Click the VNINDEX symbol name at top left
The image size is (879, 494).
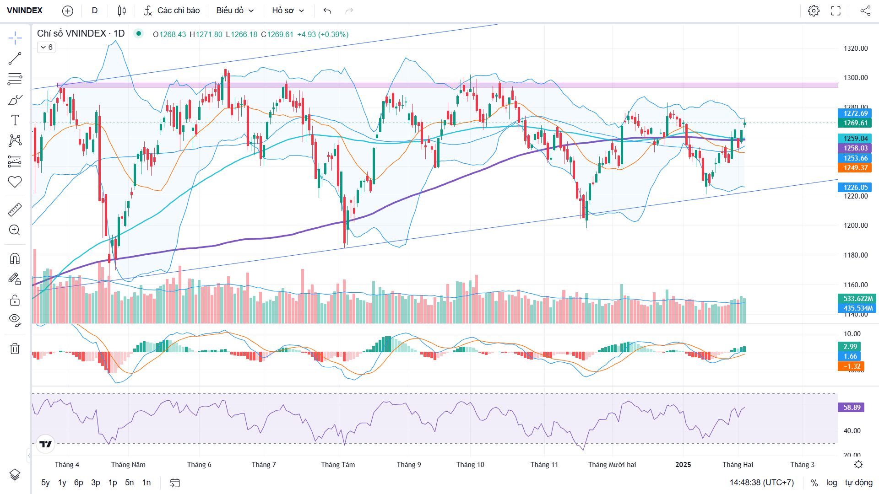click(25, 11)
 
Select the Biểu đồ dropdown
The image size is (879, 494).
click(235, 11)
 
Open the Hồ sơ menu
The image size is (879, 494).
click(288, 11)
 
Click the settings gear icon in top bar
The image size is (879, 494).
click(814, 11)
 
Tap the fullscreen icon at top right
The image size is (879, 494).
click(836, 11)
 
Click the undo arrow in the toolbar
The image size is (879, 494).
click(327, 11)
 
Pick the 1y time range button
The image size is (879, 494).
click(62, 483)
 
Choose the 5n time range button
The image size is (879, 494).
click(130, 483)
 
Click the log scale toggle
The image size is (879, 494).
click(831, 483)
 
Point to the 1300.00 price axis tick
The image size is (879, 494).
click(856, 78)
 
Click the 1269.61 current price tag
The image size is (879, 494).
click(855, 123)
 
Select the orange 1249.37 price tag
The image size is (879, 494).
click(855, 168)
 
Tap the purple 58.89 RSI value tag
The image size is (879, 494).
click(852, 408)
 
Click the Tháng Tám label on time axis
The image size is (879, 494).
click(338, 465)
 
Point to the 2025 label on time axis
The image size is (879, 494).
click(683, 465)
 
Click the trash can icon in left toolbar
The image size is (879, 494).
click(15, 349)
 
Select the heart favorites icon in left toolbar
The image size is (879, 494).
click(15, 182)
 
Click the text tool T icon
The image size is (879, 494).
click(15, 120)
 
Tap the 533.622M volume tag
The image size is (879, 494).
click(857, 299)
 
